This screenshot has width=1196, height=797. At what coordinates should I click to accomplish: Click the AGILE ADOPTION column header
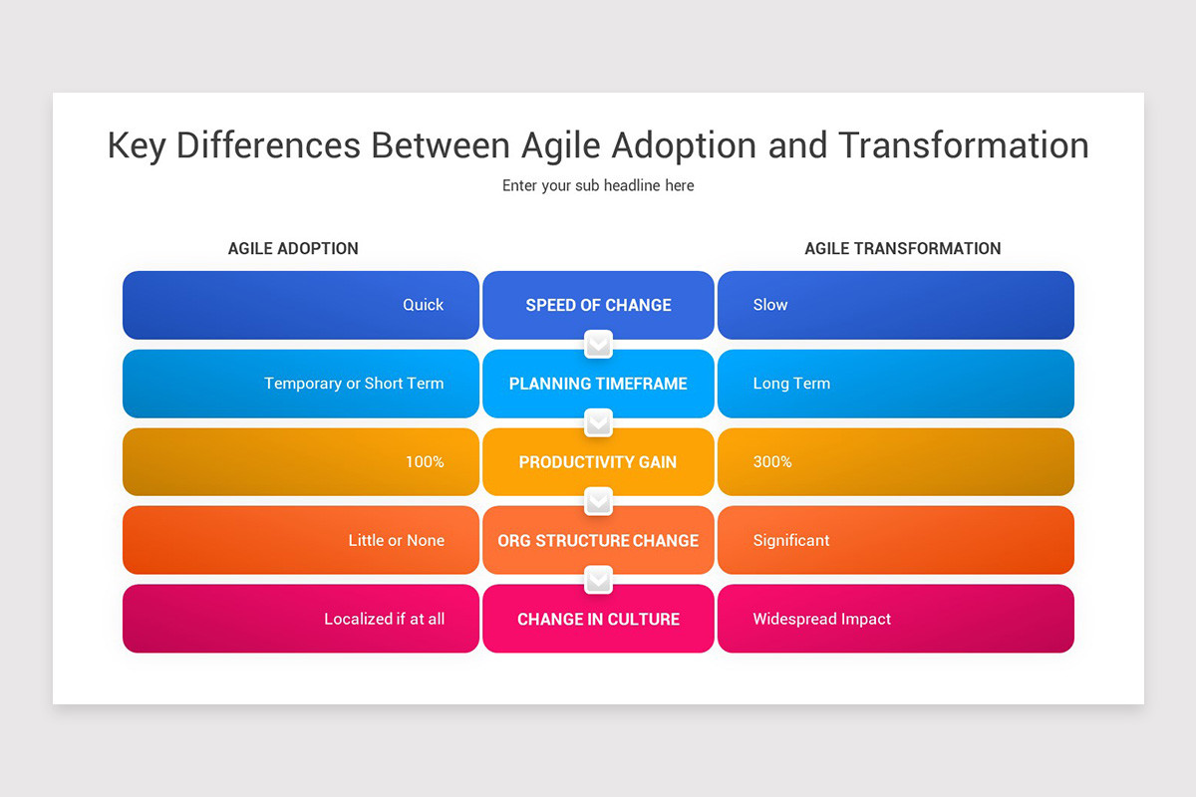click(293, 248)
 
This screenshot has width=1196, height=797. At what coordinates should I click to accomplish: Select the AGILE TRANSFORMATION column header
click(902, 248)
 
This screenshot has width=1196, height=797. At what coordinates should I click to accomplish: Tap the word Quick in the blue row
click(423, 305)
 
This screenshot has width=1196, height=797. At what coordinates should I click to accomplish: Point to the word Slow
click(769, 305)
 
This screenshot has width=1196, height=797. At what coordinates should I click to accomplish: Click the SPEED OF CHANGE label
click(598, 305)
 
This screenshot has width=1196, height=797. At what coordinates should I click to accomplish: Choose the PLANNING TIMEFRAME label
click(598, 384)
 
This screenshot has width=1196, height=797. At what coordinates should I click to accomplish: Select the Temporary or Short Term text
click(354, 384)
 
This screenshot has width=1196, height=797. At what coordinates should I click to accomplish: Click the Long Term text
click(791, 384)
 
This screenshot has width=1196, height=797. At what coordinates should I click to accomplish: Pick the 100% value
click(425, 462)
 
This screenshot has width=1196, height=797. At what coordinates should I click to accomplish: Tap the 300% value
click(772, 462)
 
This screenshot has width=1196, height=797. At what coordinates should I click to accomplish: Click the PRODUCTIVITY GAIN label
click(598, 462)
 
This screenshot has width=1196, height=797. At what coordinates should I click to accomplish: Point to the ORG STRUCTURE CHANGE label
click(598, 541)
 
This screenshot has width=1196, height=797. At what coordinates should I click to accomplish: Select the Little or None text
click(396, 541)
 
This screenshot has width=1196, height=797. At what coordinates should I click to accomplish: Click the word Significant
click(791, 541)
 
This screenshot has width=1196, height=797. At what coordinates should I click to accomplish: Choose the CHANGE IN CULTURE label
click(598, 620)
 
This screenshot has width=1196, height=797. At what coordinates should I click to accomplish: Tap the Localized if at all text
click(384, 620)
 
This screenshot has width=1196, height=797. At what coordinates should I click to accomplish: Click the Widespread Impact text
click(821, 620)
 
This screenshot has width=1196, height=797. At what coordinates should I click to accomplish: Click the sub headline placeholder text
click(598, 185)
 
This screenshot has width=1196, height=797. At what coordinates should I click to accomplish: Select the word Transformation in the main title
click(963, 144)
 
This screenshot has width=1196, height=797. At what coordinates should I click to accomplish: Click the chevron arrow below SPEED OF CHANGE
click(598, 345)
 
